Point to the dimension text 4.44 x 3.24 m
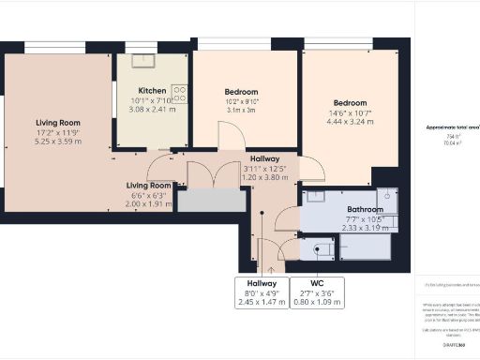click(x=350, y=120)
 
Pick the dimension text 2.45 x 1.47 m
click(x=262, y=303)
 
